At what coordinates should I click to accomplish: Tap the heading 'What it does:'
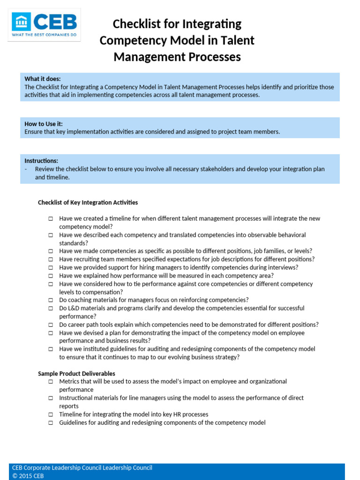43,79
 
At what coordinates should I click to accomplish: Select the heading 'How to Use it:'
44,124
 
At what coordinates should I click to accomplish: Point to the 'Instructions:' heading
41,161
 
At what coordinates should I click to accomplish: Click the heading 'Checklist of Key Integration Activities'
88,202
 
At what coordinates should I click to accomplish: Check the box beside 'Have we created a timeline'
50,219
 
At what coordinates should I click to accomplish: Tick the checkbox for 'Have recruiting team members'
50,260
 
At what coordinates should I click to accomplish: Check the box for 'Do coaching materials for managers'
50,300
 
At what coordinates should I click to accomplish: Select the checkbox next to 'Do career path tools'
50,325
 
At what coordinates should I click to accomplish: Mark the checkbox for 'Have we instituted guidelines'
50,349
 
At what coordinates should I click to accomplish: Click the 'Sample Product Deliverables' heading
76,374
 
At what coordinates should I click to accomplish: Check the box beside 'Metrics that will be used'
50,382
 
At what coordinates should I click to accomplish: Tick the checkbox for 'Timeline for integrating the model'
50,415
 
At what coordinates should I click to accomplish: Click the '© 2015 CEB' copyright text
28,476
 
